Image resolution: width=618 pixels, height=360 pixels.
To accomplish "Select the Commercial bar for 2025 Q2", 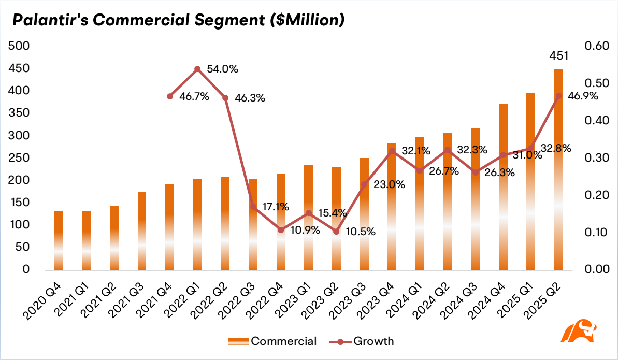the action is click(558, 169).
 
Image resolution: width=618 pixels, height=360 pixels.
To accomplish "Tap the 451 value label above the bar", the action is click(559, 56).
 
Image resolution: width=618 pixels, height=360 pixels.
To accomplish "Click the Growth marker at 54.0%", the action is click(198, 69).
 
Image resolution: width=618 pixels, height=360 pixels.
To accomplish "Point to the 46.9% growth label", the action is click(583, 96).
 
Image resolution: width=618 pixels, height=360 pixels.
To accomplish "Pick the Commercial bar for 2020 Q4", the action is click(59, 241).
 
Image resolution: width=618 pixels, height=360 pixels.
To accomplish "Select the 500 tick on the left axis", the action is click(19, 46).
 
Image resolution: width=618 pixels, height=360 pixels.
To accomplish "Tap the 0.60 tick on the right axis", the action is click(597, 46).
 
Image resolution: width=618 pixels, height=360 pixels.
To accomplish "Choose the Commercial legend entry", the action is click(272, 341).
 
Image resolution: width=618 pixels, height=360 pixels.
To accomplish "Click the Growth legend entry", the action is click(362, 341).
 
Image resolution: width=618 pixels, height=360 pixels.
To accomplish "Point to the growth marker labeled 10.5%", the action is click(336, 232).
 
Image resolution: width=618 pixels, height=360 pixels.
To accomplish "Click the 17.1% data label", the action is click(276, 207).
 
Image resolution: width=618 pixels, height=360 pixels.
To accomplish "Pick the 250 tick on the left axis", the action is click(19, 157).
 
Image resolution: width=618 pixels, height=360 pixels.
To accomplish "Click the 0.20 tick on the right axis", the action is click(597, 195).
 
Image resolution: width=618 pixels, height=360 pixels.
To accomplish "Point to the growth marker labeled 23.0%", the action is click(364, 184).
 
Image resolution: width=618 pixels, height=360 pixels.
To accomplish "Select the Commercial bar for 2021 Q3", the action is click(142, 231).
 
